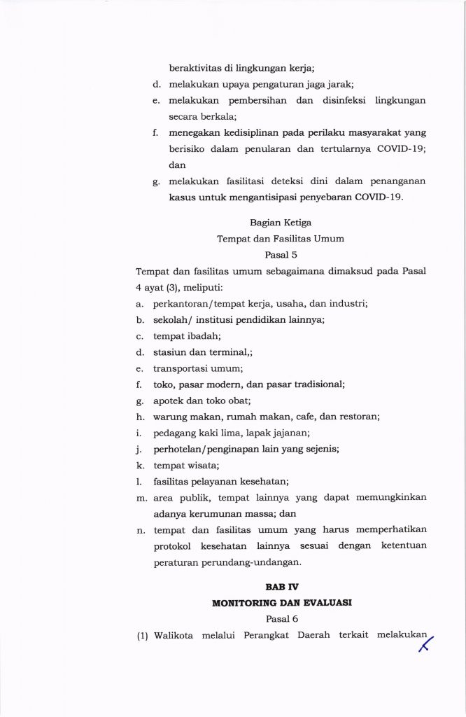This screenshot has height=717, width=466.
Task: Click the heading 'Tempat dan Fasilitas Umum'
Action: tap(280, 239)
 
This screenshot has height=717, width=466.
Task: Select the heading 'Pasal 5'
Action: tap(281, 254)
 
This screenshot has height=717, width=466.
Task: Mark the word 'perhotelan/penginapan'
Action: tap(202, 449)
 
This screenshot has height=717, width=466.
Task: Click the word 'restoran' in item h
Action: tap(358, 417)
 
